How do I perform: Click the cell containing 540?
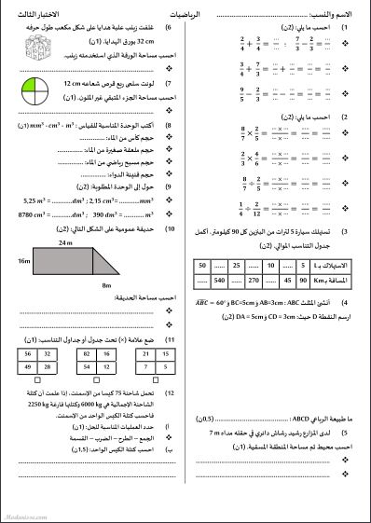[221, 279]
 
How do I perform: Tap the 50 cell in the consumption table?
[201, 266]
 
